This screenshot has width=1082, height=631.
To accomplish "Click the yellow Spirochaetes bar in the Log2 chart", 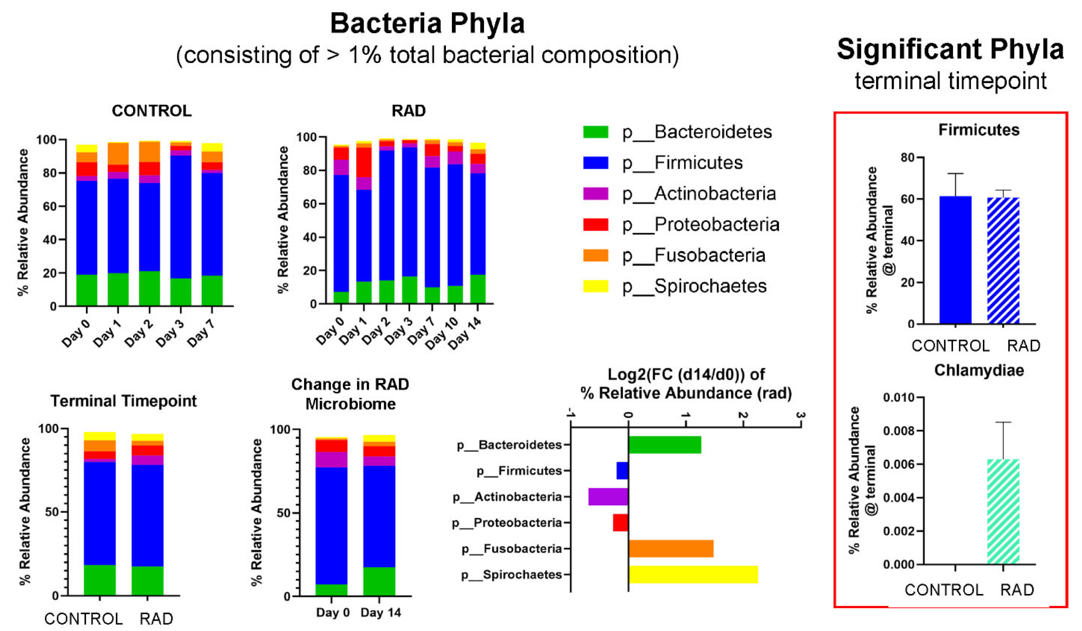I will coord(693,574).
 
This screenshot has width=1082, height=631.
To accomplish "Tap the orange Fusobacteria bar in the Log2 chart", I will coord(671,549).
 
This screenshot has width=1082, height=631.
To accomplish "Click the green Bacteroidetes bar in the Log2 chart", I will coord(665,445).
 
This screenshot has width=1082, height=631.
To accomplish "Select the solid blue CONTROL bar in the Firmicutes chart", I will coord(955,260).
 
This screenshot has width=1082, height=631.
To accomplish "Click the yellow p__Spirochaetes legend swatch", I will coord(596,286).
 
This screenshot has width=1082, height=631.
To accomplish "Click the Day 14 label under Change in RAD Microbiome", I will coord(380,612).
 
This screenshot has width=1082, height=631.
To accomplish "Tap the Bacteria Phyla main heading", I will coord(427,23).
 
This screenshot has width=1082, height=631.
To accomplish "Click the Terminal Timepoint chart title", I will coord(124,401).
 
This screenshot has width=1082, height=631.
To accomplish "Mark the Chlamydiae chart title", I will coord(979,370).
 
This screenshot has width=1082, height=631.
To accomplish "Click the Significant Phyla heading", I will coord(950,49).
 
